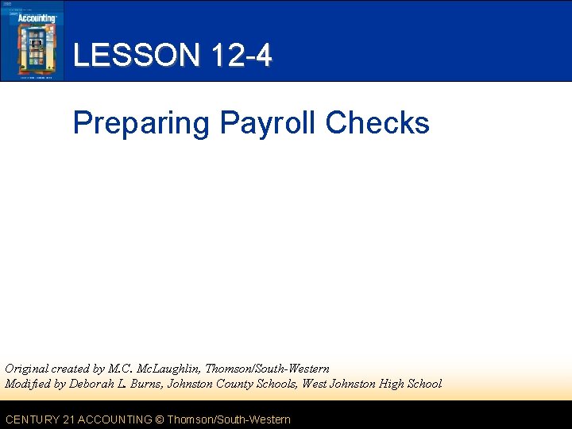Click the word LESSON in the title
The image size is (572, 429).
pyautogui.click(x=136, y=56)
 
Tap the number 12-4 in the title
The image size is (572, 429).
pyautogui.click(x=242, y=56)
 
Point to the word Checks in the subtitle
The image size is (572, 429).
pyautogui.click(x=377, y=123)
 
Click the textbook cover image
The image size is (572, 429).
pyautogui.click(x=32, y=41)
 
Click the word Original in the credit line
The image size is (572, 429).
pyautogui.click(x=26, y=369)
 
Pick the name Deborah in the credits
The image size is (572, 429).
pyautogui.click(x=94, y=384)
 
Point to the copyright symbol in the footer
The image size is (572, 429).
pyautogui.click(x=159, y=419)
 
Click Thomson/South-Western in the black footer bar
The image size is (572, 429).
pyautogui.click(x=229, y=419)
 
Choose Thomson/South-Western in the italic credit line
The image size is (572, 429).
pyautogui.click(x=267, y=369)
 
